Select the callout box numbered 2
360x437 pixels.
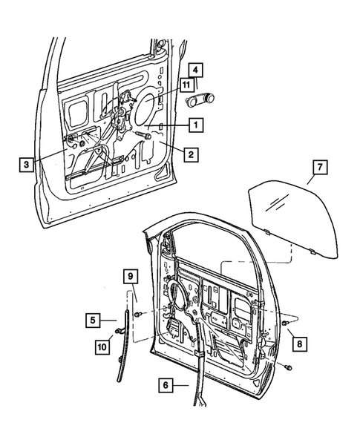192,154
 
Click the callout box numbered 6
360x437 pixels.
166,384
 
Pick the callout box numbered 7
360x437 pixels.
316,169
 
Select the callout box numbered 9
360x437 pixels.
131,277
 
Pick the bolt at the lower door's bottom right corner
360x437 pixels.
288,367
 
